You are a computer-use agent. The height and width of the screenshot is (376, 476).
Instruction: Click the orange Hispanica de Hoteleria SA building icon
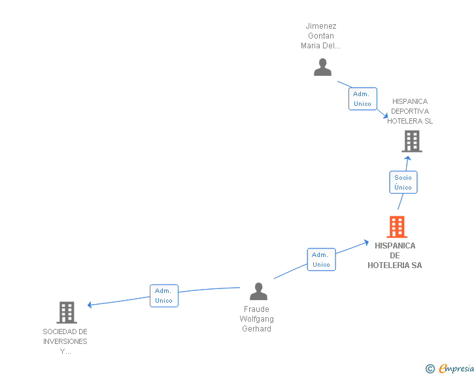point(397,227)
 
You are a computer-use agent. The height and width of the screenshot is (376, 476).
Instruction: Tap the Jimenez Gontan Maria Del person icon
point(322,67)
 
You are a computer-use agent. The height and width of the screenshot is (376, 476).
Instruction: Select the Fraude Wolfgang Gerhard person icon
point(259,292)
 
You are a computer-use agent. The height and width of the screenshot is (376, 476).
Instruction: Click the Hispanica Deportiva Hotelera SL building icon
point(411,141)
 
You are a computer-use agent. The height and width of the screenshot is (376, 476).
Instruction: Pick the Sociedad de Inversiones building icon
point(67,313)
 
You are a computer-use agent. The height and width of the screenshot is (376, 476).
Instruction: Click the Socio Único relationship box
point(403,182)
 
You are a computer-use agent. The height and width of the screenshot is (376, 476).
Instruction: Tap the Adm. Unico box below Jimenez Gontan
point(362,99)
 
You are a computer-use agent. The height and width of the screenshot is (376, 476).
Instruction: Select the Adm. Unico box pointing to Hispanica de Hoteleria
point(321,260)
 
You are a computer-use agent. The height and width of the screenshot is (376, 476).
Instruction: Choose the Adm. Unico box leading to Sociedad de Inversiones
point(163,296)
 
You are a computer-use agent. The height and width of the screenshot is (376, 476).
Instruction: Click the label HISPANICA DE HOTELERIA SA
point(395,256)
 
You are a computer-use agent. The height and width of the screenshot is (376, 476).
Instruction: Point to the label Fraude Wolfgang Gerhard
point(257,319)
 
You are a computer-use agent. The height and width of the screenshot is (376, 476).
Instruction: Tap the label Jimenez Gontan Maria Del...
point(321,36)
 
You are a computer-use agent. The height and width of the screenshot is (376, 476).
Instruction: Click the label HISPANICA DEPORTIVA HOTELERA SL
point(410,111)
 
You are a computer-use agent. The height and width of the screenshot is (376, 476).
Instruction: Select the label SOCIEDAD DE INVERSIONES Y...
point(65,341)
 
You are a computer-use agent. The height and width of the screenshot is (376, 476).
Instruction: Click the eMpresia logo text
point(456,369)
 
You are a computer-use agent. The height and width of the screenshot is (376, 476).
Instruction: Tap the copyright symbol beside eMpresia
point(430,369)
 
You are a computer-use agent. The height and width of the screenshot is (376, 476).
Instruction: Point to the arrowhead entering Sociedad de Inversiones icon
point(90,305)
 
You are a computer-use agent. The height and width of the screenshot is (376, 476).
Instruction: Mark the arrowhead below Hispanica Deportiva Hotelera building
point(407,158)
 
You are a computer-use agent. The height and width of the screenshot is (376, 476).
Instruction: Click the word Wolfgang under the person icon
point(257,319)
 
